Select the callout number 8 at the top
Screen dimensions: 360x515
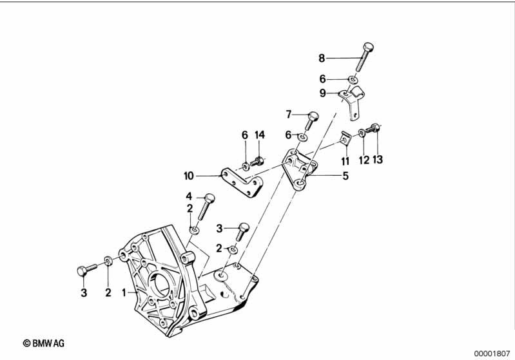point(322,59)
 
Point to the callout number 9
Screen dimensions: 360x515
point(322,93)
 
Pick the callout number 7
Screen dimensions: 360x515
point(289,115)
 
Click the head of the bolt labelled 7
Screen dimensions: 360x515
point(314,117)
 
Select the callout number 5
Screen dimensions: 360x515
point(345,175)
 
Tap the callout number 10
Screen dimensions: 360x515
point(188,175)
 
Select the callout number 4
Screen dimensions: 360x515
point(189,196)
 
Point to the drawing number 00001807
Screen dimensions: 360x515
point(493,353)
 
